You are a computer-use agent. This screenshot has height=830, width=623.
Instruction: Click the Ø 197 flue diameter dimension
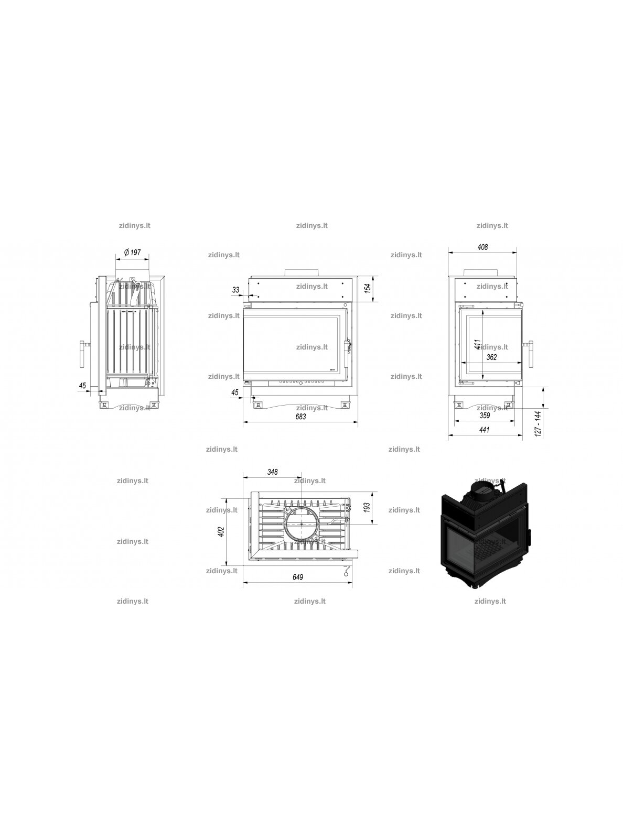pyautogui.click(x=132, y=252)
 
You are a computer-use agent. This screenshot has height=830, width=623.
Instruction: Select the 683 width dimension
pyautogui.click(x=300, y=417)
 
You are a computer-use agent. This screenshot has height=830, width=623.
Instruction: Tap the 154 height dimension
pyautogui.click(x=367, y=288)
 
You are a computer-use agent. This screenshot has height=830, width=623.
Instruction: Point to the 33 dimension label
pyautogui.click(x=235, y=290)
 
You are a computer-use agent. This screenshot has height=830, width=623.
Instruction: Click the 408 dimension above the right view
pyautogui.click(x=482, y=247)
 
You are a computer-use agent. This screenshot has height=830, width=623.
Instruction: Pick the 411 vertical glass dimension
pyautogui.click(x=478, y=344)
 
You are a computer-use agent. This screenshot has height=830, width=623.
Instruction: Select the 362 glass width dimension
pyautogui.click(x=491, y=357)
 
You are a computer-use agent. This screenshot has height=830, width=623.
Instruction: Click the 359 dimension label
pyautogui.click(x=485, y=415)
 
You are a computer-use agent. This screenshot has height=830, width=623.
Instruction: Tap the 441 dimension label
pyautogui.click(x=484, y=430)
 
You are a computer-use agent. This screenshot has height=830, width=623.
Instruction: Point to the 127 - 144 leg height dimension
pyautogui.click(x=538, y=423)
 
